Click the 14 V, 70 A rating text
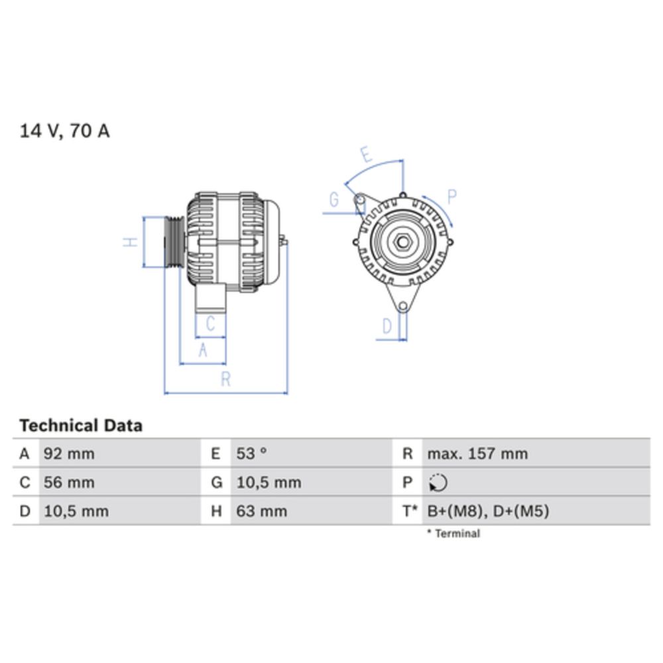64,131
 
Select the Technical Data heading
81,425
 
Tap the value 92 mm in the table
69,454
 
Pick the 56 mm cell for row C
69,483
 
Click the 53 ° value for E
252,454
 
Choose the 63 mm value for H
262,511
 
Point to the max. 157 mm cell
477,454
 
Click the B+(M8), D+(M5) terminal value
487,511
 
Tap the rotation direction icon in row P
438,483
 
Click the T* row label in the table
410,511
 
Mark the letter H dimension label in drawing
132,243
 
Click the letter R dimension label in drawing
225,379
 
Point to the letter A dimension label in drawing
204,350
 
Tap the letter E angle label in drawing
365,155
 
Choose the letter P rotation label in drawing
452,197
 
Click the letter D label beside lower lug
388,326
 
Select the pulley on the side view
174,242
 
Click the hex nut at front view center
402,242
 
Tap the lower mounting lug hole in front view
402,306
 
